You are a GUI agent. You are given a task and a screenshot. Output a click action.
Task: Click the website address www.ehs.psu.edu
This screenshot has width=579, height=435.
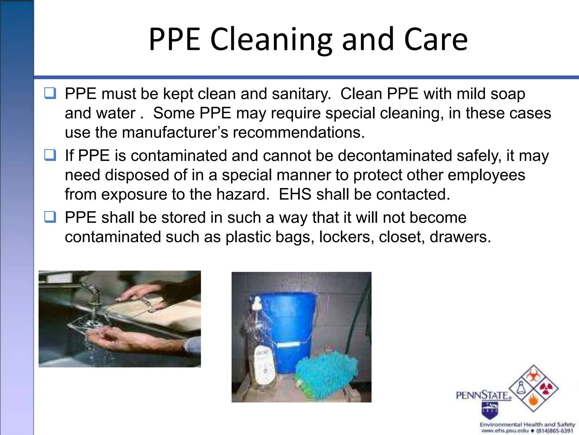pyautogui.click(x=504, y=430)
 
